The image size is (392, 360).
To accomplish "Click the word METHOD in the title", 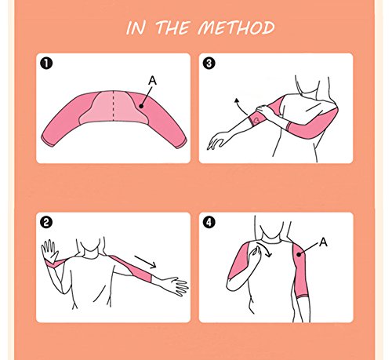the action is [x=236, y=27].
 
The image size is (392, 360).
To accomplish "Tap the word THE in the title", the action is [x=172, y=27].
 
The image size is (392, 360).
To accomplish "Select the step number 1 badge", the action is [x=46, y=64].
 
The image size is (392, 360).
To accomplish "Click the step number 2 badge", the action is [x=46, y=223].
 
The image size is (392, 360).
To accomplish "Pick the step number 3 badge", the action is [x=209, y=64].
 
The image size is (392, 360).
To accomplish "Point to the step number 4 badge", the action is [x=209, y=223].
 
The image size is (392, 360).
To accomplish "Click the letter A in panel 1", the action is [x=152, y=81].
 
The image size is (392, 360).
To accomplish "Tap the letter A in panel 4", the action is [x=323, y=242].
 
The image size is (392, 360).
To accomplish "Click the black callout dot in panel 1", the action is [x=141, y=106].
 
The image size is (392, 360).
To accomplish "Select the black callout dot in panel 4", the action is [x=299, y=254].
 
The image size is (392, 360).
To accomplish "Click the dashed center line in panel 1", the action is [x=113, y=106].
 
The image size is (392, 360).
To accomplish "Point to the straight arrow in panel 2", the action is [x=146, y=262].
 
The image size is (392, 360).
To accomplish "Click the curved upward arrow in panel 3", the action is [x=240, y=106].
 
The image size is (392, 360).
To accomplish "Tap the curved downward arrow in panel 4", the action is [x=266, y=249].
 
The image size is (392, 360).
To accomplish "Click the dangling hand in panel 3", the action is [x=216, y=140].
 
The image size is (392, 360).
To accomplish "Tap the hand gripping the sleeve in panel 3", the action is [x=264, y=111].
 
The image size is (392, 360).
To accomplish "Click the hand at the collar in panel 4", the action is [x=254, y=253].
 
